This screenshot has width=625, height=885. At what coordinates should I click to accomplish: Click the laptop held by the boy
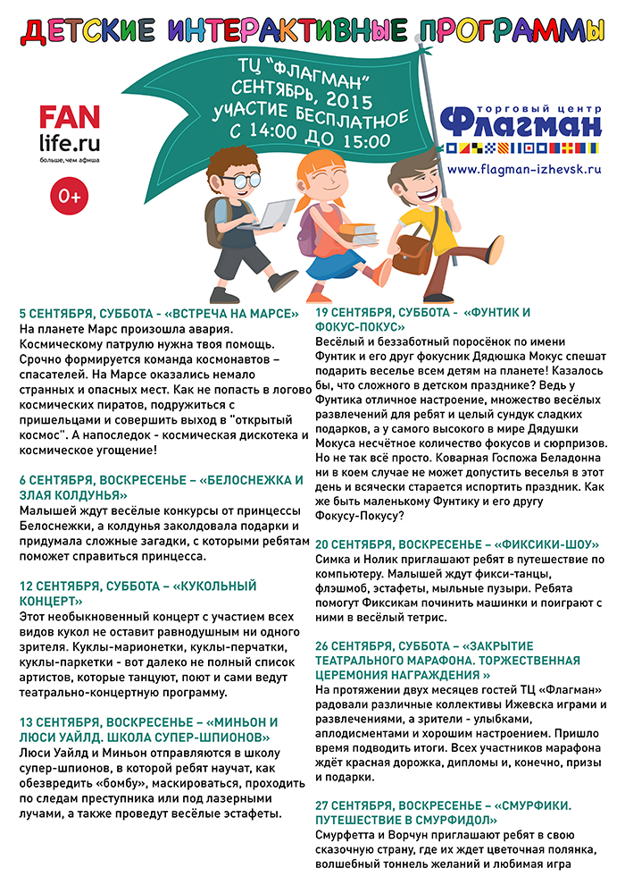point(268,215)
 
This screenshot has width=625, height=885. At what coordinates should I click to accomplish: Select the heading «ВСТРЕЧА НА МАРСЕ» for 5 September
point(159,314)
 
